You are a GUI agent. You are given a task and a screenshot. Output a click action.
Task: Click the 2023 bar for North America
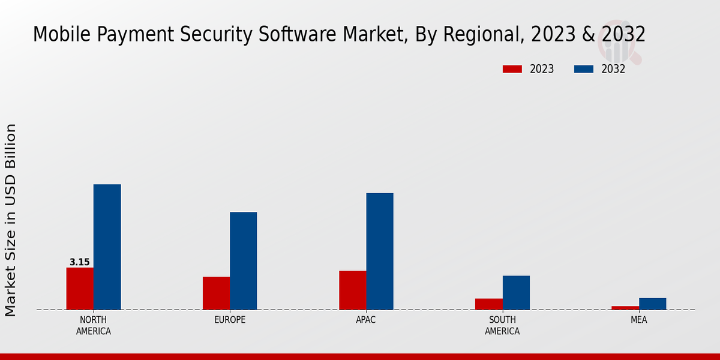[80, 289]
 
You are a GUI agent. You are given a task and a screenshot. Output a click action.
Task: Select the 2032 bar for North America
[107, 247]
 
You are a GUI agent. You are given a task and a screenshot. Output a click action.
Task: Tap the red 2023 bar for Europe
[216, 293]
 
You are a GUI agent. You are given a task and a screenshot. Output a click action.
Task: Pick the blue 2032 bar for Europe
[243, 261]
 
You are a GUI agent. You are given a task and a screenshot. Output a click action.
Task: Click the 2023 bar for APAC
[352, 290]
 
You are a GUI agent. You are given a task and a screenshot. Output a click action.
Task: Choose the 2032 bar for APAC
[380, 251]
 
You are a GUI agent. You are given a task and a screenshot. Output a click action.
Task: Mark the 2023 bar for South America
[489, 304]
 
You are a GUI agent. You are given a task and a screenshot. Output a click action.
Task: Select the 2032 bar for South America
[516, 293]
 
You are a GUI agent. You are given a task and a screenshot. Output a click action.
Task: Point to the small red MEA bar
[625, 308]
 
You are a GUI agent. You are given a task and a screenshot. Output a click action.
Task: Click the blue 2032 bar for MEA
[652, 304]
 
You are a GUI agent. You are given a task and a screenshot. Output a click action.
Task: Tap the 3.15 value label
[80, 262]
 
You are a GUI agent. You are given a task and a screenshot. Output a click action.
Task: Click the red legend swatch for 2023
[512, 69]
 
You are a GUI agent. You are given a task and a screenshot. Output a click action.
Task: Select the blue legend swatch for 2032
[584, 69]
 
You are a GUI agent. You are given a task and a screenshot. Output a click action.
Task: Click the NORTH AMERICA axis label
[94, 325]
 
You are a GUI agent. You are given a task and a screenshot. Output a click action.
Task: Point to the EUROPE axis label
[230, 320]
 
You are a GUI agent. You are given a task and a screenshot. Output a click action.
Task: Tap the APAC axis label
[366, 320]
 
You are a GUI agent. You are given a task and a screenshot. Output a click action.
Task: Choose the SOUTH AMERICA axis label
[503, 325]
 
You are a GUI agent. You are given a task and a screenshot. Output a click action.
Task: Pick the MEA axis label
[639, 320]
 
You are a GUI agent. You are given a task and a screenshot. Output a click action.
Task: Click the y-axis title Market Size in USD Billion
[11, 220]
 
